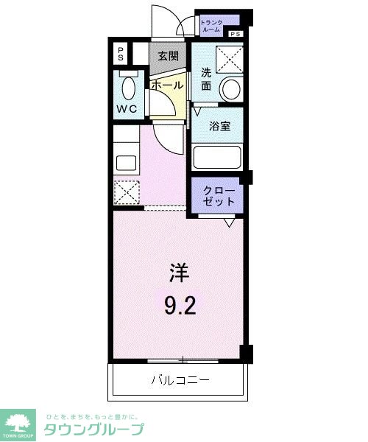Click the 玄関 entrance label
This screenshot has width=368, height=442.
click(x=167, y=56)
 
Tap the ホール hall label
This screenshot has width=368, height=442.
click(x=167, y=85)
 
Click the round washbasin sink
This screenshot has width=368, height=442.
click(x=232, y=89)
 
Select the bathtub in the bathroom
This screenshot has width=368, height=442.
click(x=217, y=157)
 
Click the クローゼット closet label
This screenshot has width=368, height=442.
click(x=219, y=195)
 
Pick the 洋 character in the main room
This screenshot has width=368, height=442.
click(x=179, y=274)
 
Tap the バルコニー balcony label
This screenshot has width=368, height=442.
click(x=180, y=380)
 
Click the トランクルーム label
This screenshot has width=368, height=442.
click(x=214, y=27)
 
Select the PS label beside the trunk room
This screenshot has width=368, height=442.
click(x=235, y=35)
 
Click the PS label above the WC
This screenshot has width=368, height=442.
click(x=119, y=54)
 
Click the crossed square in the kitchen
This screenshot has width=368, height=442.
click(x=126, y=193)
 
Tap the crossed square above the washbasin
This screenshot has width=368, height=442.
click(x=230, y=57)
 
